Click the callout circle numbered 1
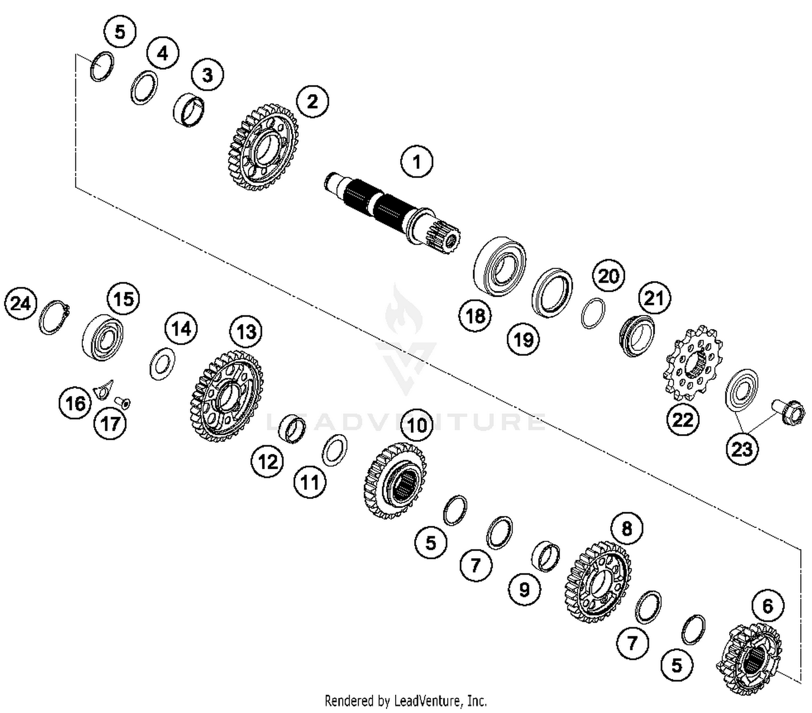416,161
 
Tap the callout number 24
21,303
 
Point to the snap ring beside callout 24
54,317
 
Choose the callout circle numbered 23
742,448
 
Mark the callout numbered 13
246,331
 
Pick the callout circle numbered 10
417,426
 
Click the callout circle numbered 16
75,403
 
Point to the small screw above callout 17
123,403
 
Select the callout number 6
768,606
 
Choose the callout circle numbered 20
608,276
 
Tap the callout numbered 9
523,589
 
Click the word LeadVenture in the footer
428,701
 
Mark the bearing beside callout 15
102,336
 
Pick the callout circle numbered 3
207,75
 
